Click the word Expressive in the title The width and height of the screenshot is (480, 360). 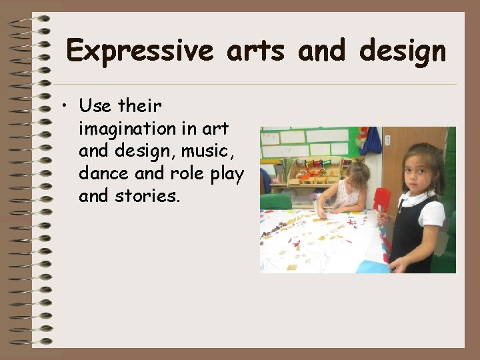pos(140,51)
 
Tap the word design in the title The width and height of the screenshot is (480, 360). pos(403,51)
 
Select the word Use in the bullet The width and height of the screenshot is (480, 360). pos(95,105)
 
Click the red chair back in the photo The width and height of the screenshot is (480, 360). pos(382,200)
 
